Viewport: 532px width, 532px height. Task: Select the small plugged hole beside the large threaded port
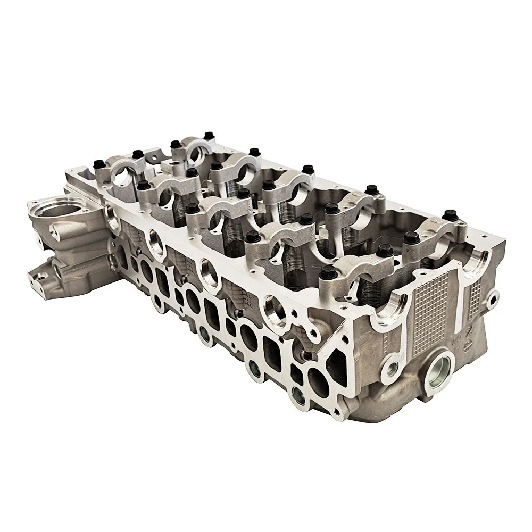tap(394, 367)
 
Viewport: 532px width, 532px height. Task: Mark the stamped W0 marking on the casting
tap(456, 337)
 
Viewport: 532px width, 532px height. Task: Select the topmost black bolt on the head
tap(174, 144)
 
